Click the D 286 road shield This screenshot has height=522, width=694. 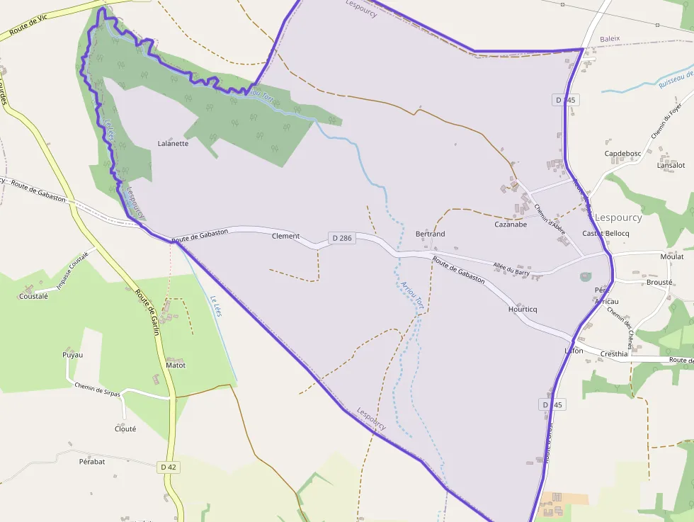[341, 239]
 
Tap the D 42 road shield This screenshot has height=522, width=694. [168, 467]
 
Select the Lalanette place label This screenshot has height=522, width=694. [173, 143]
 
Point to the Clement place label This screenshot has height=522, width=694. [286, 237]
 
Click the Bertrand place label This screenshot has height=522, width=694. [430, 234]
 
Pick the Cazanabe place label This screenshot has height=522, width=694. [511, 225]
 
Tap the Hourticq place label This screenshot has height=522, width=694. [523, 310]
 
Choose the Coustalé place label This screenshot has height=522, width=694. [33, 297]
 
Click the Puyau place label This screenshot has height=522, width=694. [72, 354]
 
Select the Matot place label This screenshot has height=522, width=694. [175, 365]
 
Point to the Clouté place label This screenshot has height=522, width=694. [125, 429]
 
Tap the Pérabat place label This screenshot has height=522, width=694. [92, 461]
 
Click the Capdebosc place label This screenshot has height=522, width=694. [622, 153]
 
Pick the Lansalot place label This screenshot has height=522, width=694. [671, 165]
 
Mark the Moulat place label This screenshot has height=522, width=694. [672, 257]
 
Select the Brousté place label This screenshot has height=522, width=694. [659, 282]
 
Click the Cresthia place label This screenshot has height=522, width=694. [614, 353]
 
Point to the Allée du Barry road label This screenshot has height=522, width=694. [512, 267]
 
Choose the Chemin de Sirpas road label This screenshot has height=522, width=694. [97, 389]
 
